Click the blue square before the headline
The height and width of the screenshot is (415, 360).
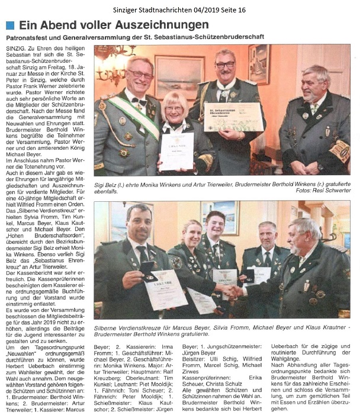coord(9,25)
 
